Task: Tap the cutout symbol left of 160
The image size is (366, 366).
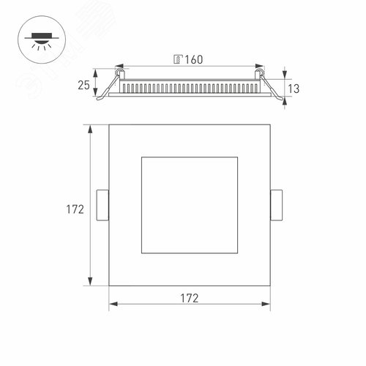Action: click(x=178, y=58)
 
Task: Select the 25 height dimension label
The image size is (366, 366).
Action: click(x=84, y=84)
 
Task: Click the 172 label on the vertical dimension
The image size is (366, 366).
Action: click(x=74, y=209)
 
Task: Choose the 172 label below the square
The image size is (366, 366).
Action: click(x=190, y=298)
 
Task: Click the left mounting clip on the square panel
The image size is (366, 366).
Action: click(x=103, y=204)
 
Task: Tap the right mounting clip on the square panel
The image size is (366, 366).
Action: click(x=277, y=204)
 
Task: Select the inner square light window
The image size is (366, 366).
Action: click(x=190, y=204)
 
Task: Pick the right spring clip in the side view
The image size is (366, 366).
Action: click(x=272, y=85)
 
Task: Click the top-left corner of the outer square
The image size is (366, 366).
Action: click(x=109, y=125)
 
